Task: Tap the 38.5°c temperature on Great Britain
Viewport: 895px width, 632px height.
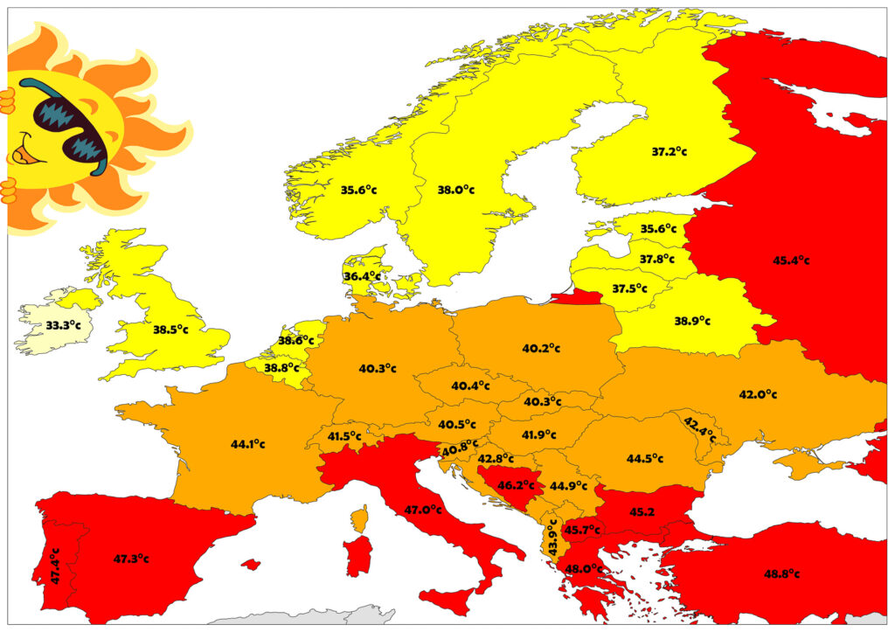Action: click(x=171, y=330)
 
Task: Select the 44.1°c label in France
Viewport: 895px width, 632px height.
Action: click(x=248, y=444)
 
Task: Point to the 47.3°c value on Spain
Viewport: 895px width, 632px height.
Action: click(x=131, y=559)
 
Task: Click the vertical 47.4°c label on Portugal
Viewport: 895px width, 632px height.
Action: click(x=55, y=566)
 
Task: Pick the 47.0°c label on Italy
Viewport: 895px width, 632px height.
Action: click(x=423, y=510)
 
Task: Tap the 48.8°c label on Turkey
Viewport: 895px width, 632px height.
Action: click(x=781, y=573)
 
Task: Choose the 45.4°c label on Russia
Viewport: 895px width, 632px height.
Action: click(x=791, y=260)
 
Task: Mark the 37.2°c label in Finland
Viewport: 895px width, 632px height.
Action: click(x=669, y=151)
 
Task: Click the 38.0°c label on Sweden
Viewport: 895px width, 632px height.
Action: click(x=456, y=189)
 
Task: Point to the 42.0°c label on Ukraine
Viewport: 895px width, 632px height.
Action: click(x=758, y=394)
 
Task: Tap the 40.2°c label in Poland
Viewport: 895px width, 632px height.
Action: click(x=541, y=348)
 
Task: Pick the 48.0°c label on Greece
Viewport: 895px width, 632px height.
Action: click(x=584, y=568)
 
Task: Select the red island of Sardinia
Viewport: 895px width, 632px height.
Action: click(x=357, y=556)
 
